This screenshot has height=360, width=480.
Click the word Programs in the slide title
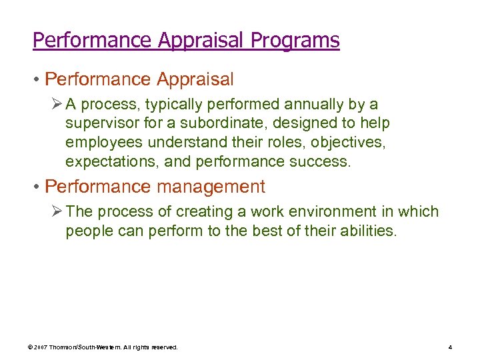click(295, 41)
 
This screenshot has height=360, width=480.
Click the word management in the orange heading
click(211, 187)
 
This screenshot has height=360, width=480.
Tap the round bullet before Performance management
click(37, 187)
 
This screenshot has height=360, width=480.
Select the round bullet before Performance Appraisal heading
click(37, 80)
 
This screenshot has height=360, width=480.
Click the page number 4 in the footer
click(451, 347)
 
